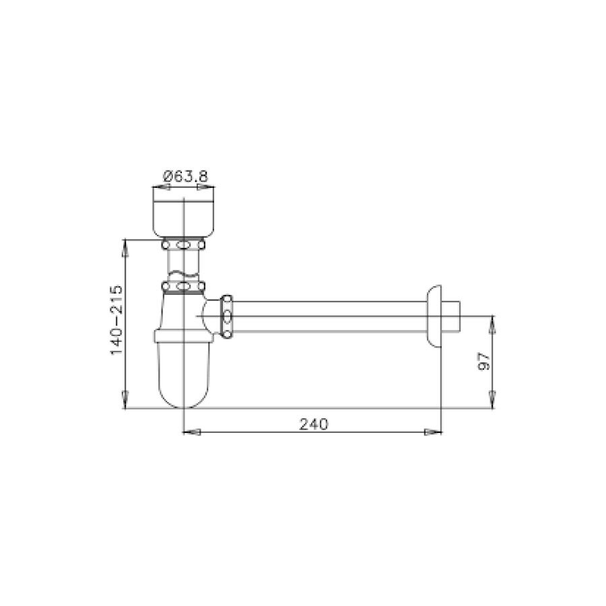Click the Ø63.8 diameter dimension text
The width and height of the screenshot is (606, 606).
point(184,176)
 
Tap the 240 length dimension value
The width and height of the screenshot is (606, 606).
point(313,424)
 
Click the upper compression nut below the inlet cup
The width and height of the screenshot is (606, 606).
point(184,244)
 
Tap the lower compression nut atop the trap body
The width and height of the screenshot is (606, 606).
point(184,289)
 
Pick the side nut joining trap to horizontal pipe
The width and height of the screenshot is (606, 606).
point(227,314)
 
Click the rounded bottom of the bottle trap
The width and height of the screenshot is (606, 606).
point(184,391)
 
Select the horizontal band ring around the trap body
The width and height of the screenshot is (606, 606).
point(184,335)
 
